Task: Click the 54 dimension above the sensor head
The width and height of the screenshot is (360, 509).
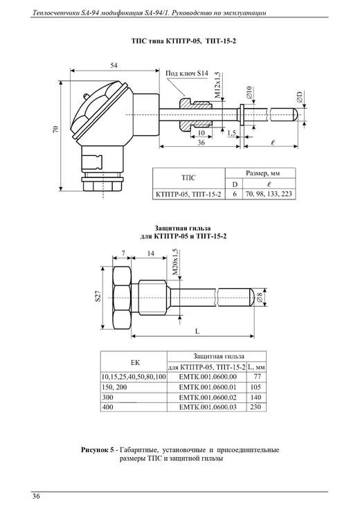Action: pyautogui.click(x=114, y=65)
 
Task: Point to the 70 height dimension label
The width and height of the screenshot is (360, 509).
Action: pyautogui.click(x=56, y=130)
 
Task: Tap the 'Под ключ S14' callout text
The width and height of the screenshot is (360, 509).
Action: pyautogui.click(x=187, y=73)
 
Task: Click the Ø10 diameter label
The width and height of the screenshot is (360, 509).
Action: pyautogui.click(x=249, y=93)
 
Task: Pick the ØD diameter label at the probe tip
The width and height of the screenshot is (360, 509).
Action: pyautogui.click(x=299, y=98)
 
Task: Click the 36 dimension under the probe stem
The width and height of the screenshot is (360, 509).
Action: pyautogui.click(x=201, y=143)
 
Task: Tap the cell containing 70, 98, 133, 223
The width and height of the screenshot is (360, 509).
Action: pyautogui.click(x=269, y=194)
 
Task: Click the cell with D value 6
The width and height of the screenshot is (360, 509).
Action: pyautogui.click(x=235, y=194)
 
